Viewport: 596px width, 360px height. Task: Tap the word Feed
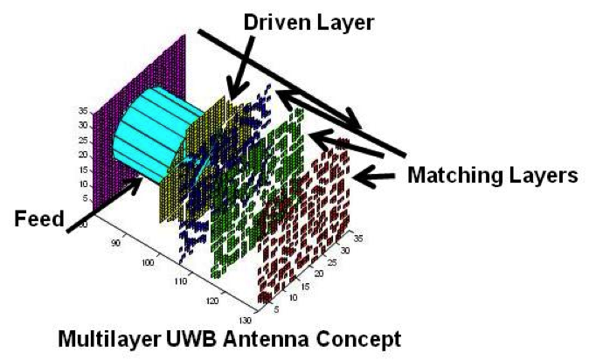pos(39,219)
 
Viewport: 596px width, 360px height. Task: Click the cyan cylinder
pos(149,140)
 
